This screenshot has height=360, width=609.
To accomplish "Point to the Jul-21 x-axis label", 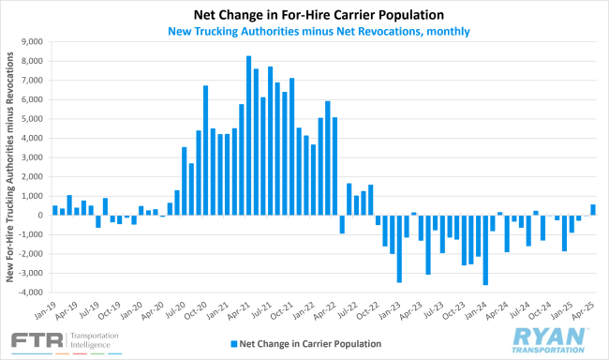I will tap(263, 312).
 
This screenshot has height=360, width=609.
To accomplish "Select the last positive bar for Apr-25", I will tap(593, 210).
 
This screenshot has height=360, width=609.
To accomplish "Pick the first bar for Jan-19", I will tap(55, 210).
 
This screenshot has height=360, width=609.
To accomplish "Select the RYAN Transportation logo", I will tap(552, 338).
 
